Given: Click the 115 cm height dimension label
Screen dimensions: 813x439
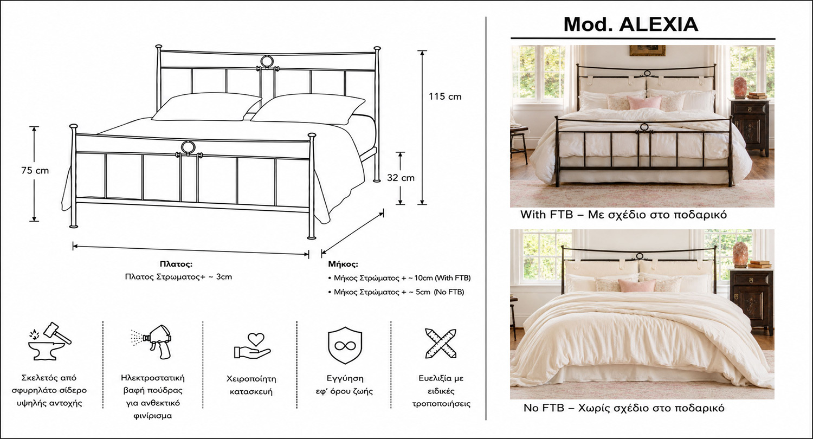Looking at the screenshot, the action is [x=445, y=96].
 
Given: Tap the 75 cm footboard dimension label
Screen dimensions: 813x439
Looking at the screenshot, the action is [x=35, y=171].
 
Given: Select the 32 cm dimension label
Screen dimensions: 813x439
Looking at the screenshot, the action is [x=401, y=178].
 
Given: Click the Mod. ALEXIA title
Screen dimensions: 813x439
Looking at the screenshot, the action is [x=631, y=24].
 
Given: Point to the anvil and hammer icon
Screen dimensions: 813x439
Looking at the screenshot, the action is [x=50, y=341].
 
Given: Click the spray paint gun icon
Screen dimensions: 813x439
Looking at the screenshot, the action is [x=152, y=342].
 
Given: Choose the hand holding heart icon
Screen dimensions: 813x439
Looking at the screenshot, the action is [x=252, y=346].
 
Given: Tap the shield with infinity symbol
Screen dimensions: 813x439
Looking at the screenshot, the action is [x=345, y=345].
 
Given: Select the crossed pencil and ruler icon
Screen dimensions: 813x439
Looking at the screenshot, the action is [x=441, y=343].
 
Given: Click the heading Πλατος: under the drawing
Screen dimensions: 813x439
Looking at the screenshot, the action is [x=176, y=264].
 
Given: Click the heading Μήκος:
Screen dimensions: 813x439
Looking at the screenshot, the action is [x=343, y=264].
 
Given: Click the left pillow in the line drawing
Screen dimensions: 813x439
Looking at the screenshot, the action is [x=207, y=107].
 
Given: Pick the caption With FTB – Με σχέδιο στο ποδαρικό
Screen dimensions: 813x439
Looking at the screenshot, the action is [x=623, y=215].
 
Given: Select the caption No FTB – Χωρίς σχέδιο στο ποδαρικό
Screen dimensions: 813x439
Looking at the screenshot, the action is [x=624, y=408].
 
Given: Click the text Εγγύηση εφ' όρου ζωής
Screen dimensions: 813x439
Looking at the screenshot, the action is [x=345, y=385].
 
